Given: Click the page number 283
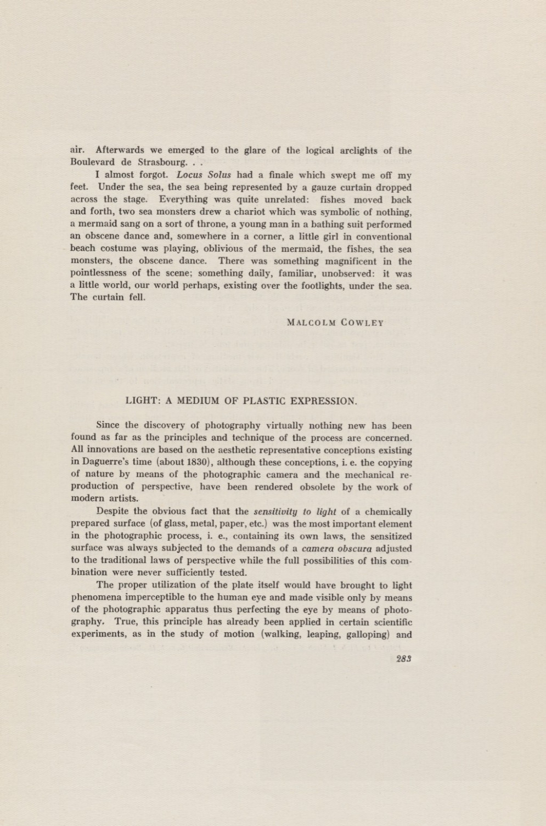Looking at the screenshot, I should tap(404, 659).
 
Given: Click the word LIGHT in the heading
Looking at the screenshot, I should tap(142, 401).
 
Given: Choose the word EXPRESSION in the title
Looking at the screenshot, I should tap(323, 401).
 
